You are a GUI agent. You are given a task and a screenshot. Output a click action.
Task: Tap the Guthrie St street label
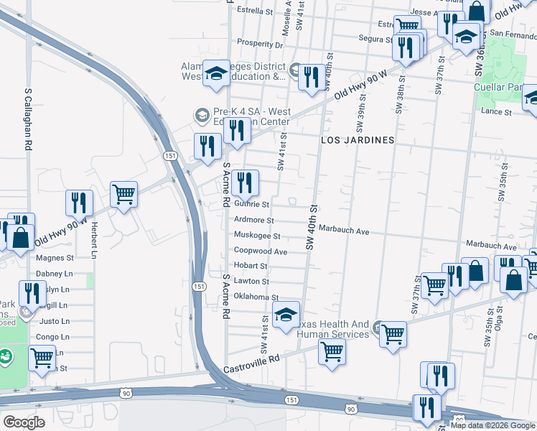coord(251,205)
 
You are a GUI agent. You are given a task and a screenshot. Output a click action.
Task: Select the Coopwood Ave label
coord(261,251)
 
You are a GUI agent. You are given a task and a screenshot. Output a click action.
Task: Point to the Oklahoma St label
coord(256,297)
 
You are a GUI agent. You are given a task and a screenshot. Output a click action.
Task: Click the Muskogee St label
coord(256,236)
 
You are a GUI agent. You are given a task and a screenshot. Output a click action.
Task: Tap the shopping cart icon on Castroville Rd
coord(331,352)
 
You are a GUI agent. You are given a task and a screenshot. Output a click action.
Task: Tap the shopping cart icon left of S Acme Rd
coord(123,194)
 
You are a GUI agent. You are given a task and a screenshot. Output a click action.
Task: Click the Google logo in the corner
coord(24,422)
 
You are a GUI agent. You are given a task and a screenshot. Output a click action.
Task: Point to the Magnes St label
coord(55,257)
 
